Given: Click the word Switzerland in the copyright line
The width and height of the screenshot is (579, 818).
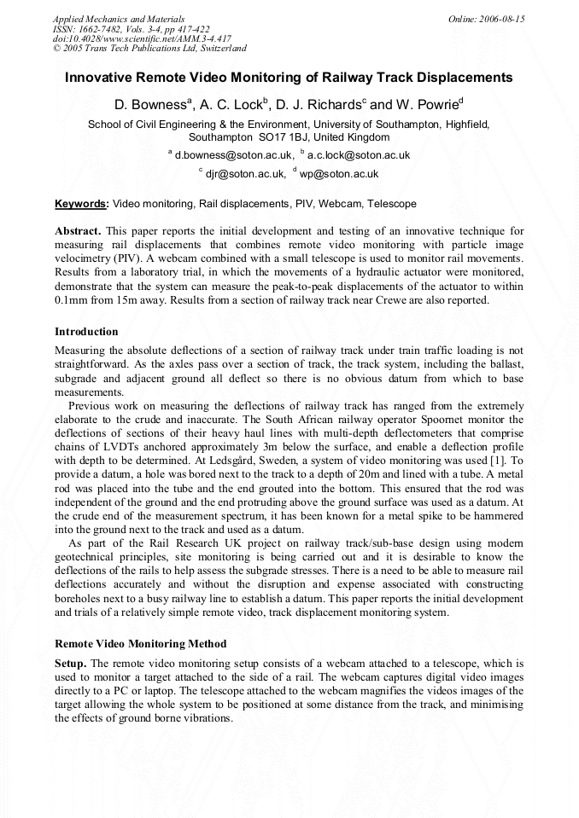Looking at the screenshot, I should [219, 49].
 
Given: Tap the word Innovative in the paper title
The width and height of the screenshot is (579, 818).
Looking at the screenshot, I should [101, 78].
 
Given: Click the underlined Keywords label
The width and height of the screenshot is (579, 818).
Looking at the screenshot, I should [81, 205].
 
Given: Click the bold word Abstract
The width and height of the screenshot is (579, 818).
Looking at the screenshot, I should [78, 231].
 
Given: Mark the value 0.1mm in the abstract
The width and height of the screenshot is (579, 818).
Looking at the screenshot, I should [73, 300].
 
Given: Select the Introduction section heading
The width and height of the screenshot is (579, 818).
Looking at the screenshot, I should [86, 332].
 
